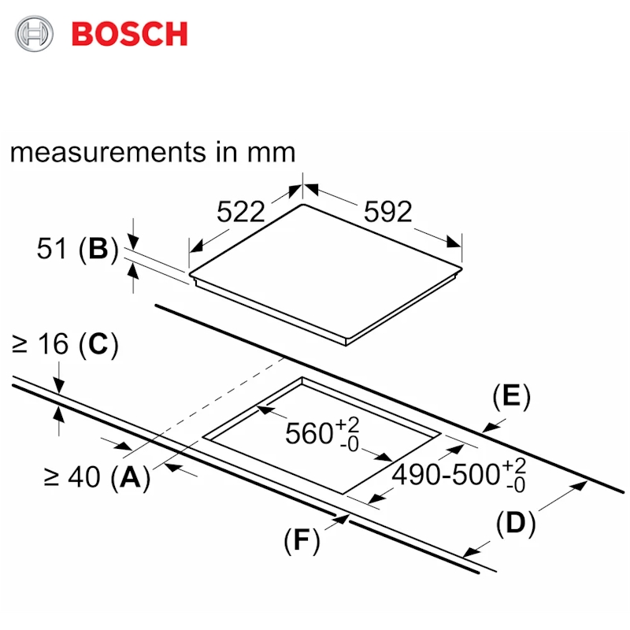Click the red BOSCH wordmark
[129, 34]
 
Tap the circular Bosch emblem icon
[34, 33]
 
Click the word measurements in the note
[108, 152]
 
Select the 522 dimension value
[241, 211]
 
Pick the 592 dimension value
[387, 211]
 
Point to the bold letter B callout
[98, 249]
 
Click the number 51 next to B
[51, 249]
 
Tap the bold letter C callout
[98, 344]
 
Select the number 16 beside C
[53, 344]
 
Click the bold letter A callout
[130, 477]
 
